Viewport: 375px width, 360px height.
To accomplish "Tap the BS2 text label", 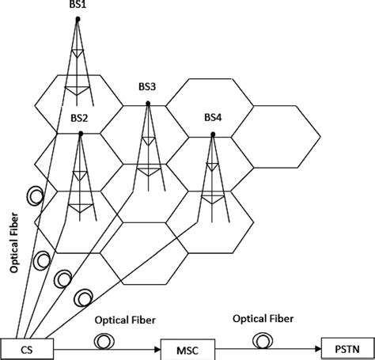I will [80, 118].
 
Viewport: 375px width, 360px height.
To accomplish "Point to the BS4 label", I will [213, 118].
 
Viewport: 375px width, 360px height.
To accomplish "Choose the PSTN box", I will [347, 347].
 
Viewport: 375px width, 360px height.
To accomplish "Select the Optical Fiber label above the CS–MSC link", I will [124, 321].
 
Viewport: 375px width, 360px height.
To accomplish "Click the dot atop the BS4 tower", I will [213, 134].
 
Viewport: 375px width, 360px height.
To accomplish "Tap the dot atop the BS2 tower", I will [80, 134].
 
